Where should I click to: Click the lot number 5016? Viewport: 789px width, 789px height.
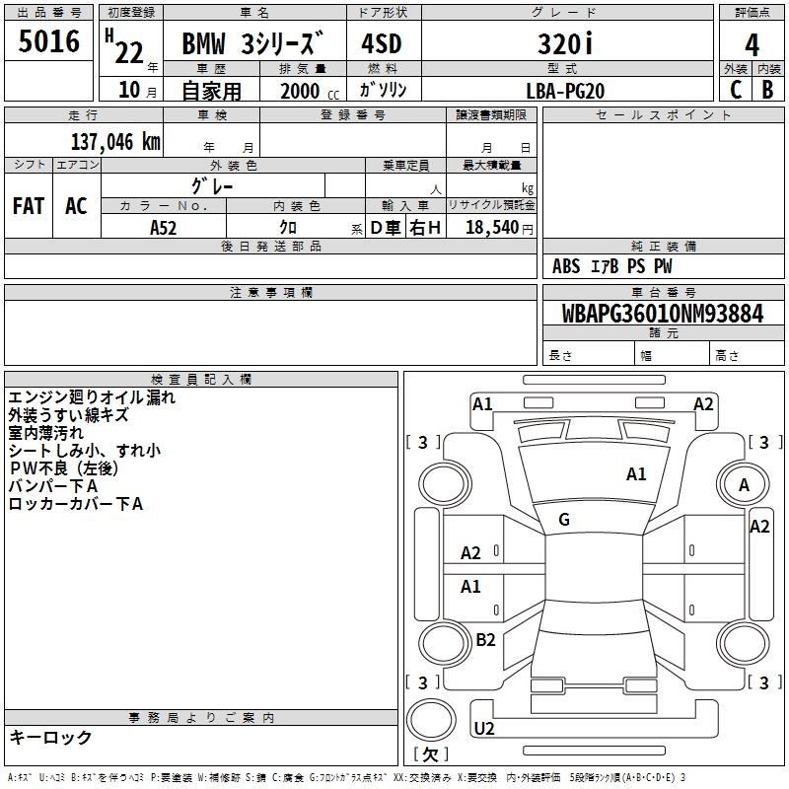pyautogui.click(x=49, y=43)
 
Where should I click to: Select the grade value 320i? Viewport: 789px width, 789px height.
pyautogui.click(x=565, y=44)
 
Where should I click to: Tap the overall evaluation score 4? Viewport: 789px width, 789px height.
pyautogui.click(x=752, y=45)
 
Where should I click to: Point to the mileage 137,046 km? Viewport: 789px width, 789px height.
pyautogui.click(x=115, y=141)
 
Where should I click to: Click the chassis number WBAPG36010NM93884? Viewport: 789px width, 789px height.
pyautogui.click(x=663, y=314)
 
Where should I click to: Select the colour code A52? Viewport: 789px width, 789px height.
pyautogui.click(x=164, y=227)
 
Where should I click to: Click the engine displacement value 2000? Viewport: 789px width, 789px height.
pyautogui.click(x=300, y=91)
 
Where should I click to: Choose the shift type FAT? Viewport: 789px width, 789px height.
pyautogui.click(x=29, y=206)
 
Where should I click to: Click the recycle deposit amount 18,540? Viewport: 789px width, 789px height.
pyautogui.click(x=493, y=227)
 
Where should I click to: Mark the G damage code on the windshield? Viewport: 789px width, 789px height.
pyautogui.click(x=564, y=520)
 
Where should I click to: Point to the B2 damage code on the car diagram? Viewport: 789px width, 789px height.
pyautogui.click(x=485, y=640)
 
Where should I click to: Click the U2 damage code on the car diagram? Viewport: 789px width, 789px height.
pyautogui.click(x=483, y=729)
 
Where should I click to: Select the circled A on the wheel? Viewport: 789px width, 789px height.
pyautogui.click(x=744, y=484)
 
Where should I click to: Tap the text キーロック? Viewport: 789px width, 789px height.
pyautogui.click(x=50, y=737)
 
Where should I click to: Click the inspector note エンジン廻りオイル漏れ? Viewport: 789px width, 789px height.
pyautogui.click(x=92, y=398)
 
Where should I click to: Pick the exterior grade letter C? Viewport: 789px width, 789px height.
pyautogui.click(x=736, y=90)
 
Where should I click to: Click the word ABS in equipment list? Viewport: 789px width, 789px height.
pyautogui.click(x=566, y=266)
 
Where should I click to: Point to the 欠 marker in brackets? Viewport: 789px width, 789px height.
pyautogui.click(x=430, y=754)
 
